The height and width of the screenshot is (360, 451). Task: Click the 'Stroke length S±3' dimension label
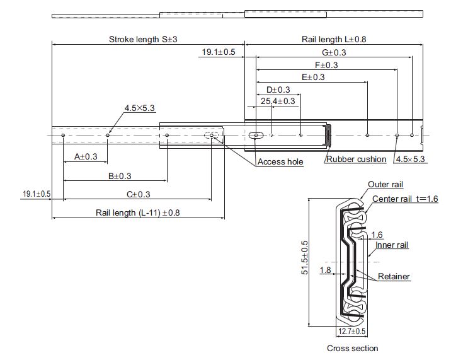143,39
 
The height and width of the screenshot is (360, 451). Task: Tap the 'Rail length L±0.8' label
334,39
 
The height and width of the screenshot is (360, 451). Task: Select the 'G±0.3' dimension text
334,52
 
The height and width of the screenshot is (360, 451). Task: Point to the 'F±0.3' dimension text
326,65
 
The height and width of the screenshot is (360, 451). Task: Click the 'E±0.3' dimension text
313,77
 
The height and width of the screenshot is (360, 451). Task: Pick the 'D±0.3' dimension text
278,90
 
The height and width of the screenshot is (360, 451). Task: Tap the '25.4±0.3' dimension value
278,101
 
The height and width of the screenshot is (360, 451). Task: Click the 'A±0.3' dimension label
86,156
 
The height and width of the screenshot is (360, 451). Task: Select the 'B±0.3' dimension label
120,176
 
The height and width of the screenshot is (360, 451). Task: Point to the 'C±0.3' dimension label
139,194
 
